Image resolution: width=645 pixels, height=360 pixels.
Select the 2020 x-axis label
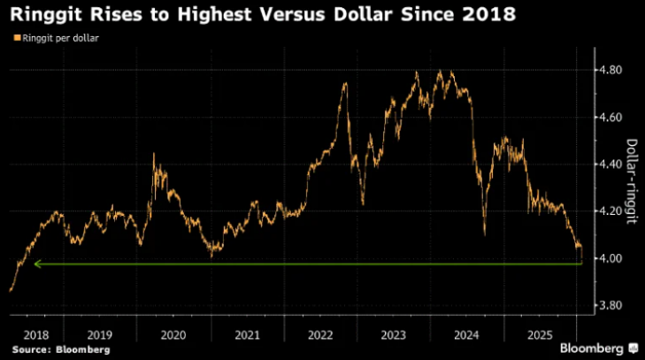coord(174,337)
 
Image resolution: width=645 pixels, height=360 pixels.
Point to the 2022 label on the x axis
coord(321,337)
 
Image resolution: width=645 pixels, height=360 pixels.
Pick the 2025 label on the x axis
coord(541,337)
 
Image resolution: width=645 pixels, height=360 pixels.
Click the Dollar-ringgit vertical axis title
coord(632,181)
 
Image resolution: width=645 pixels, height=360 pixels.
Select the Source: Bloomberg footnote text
coord(61,350)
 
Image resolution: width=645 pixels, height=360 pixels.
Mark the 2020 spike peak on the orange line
coord(154,155)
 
